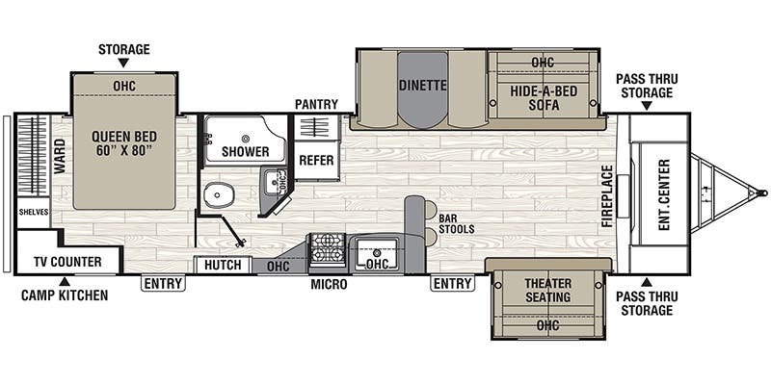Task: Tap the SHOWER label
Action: click(245, 151)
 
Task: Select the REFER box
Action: click(316, 161)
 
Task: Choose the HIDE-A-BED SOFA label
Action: click(544, 99)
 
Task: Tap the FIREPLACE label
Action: click(607, 194)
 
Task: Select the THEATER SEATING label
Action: click(548, 290)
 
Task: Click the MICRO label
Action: click(328, 286)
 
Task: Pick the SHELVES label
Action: click(32, 212)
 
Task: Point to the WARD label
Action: click(60, 157)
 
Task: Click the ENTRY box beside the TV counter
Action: click(163, 283)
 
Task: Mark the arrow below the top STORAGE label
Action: click(122, 64)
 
